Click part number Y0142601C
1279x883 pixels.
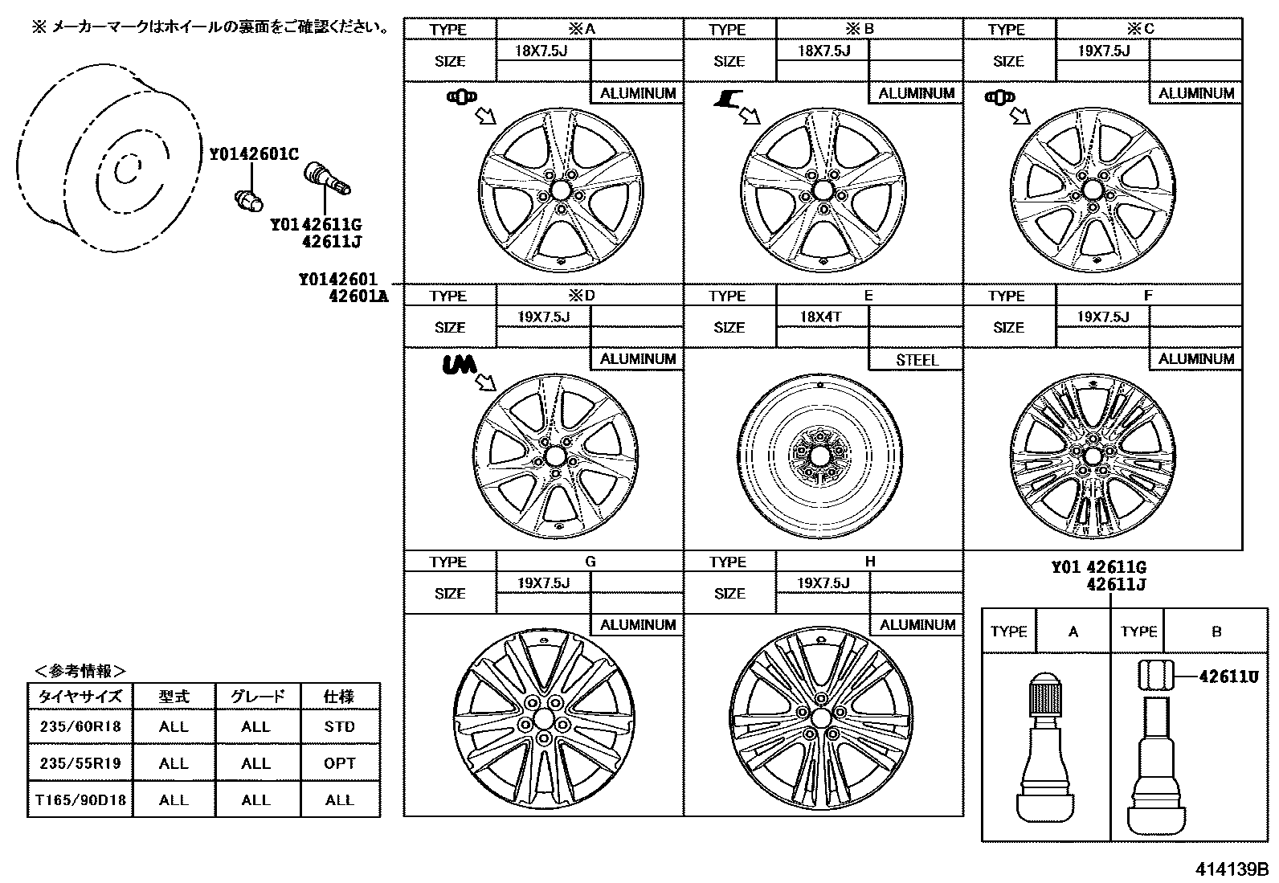(x=254, y=153)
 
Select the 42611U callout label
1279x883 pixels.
(x=1228, y=677)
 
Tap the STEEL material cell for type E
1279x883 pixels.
(x=917, y=360)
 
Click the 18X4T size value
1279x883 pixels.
(x=820, y=317)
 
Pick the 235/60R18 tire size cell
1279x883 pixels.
(x=80, y=726)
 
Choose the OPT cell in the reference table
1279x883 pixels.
(x=340, y=762)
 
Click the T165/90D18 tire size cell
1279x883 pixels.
(x=80, y=799)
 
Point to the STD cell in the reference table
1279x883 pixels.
(x=340, y=726)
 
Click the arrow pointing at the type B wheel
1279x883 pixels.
(x=750, y=117)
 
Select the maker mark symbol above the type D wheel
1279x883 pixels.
(x=459, y=366)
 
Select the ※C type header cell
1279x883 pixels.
(x=1148, y=29)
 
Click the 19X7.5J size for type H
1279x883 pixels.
(x=823, y=583)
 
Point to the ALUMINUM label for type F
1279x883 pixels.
(x=1195, y=359)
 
